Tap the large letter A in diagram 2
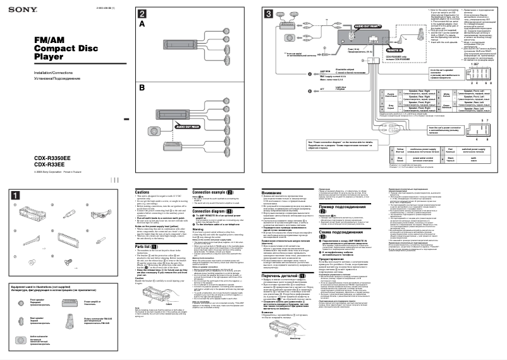(142, 24)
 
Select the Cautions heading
(142, 191)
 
